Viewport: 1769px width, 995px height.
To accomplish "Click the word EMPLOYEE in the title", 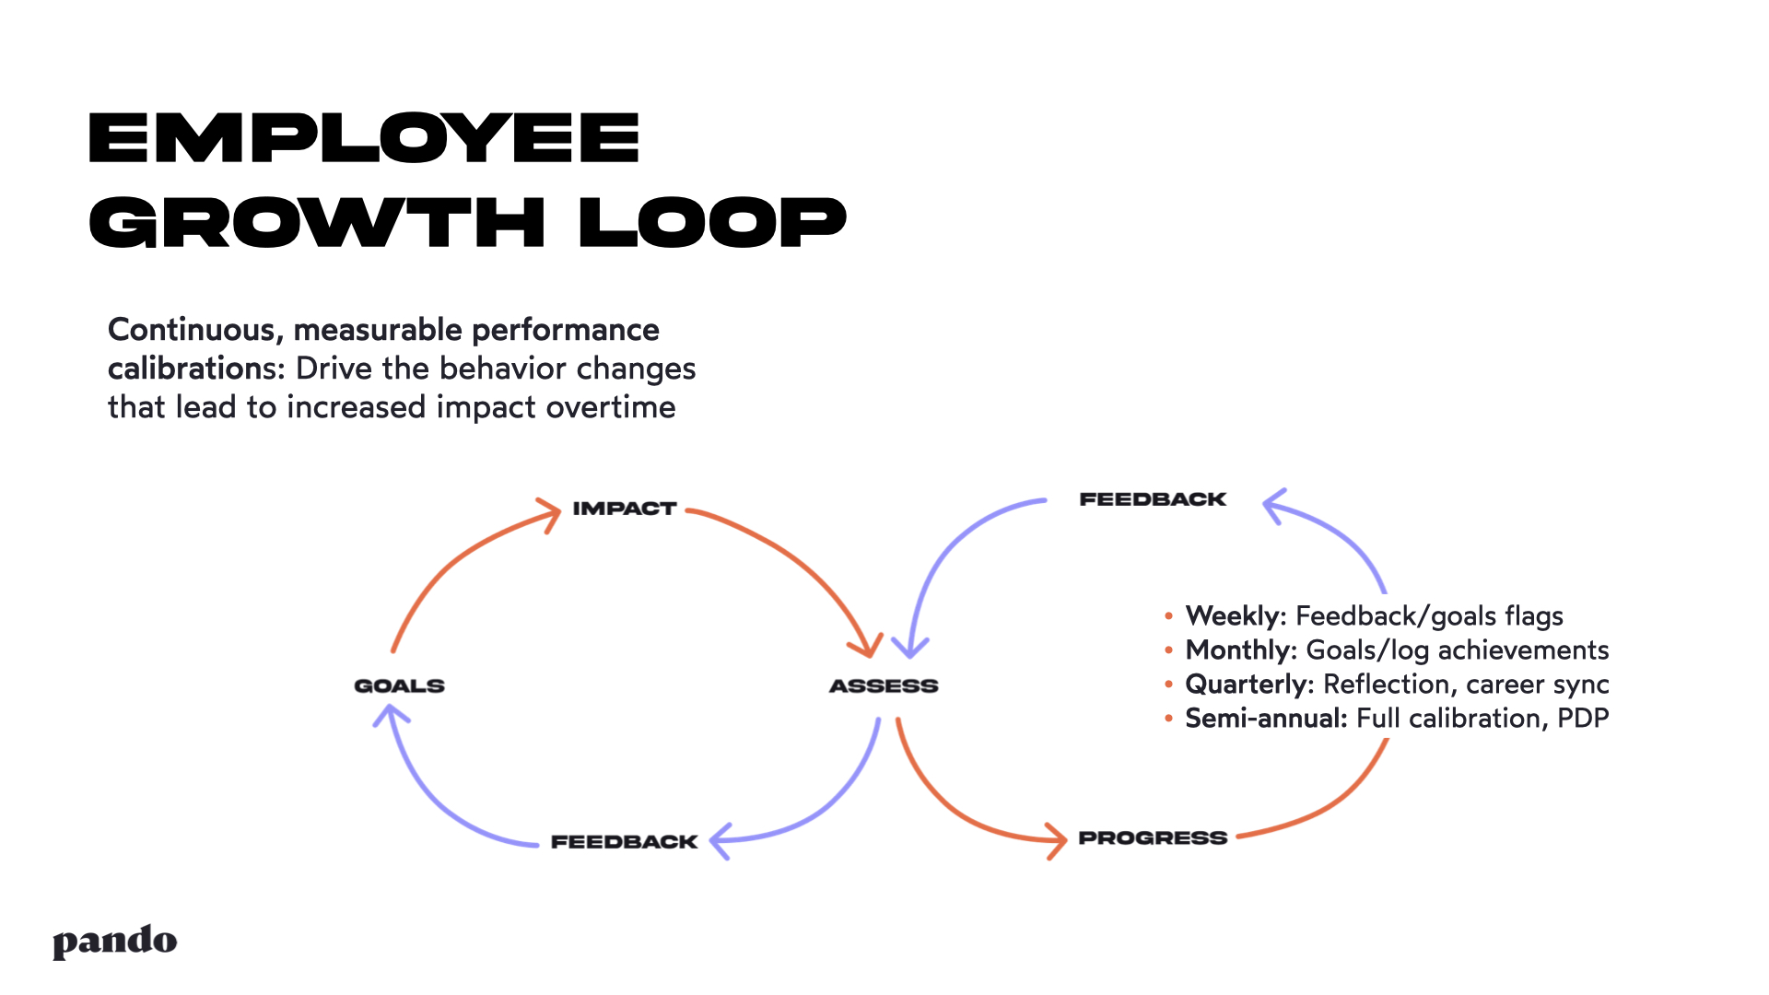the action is [x=363, y=138].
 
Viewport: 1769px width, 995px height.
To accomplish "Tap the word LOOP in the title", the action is [x=711, y=222].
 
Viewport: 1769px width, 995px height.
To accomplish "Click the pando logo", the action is [x=114, y=942].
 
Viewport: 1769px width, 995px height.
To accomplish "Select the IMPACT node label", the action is [x=624, y=509].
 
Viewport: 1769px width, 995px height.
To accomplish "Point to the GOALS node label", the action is [x=399, y=685].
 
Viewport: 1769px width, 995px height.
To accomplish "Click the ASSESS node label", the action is [x=883, y=685].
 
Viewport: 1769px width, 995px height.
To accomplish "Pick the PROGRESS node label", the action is [x=1152, y=837].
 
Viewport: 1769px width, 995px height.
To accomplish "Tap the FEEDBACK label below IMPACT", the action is [x=624, y=841].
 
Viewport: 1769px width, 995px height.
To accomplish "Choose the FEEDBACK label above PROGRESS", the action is [x=1152, y=499].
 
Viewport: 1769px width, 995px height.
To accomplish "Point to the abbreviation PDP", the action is [x=1582, y=718].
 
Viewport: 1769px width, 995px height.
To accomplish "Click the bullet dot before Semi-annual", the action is [x=1168, y=719].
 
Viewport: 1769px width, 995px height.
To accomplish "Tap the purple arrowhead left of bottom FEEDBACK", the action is [x=720, y=839].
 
